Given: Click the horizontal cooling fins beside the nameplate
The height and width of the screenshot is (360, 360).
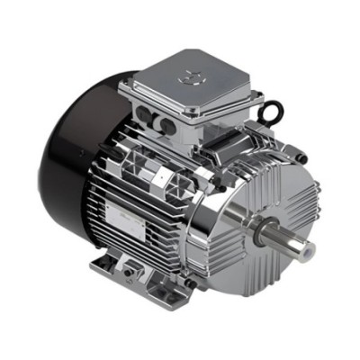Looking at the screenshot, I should pyautogui.click(x=135, y=184).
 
